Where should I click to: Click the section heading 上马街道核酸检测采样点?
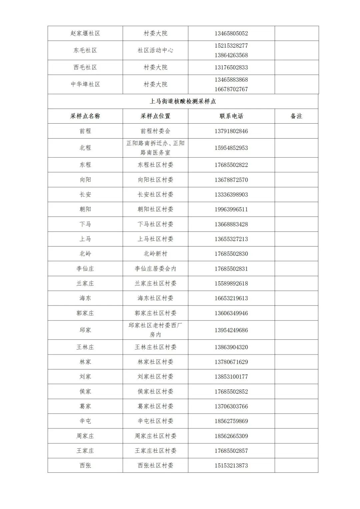[183, 101]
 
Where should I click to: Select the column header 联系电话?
[231, 116]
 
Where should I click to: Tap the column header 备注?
[296, 116]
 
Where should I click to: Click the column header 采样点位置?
[155, 116]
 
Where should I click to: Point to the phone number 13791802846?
[231, 131]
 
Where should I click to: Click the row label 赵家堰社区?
[85, 33]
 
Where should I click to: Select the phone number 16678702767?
[231, 89]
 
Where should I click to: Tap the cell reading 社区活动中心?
[155, 50]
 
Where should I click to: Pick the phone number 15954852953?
[231, 148]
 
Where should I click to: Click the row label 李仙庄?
[85, 269]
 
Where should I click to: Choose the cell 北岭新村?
[155, 254]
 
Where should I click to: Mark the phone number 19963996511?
[231, 210]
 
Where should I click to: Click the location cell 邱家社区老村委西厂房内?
[155, 330]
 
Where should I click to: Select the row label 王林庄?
[85, 347]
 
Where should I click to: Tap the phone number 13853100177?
[231, 377]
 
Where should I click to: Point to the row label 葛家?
[85, 406]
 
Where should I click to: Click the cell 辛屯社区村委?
[155, 421]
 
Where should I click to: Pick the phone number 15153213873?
[231, 466]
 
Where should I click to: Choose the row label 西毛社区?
[85, 67]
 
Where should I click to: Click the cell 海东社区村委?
[155, 298]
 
